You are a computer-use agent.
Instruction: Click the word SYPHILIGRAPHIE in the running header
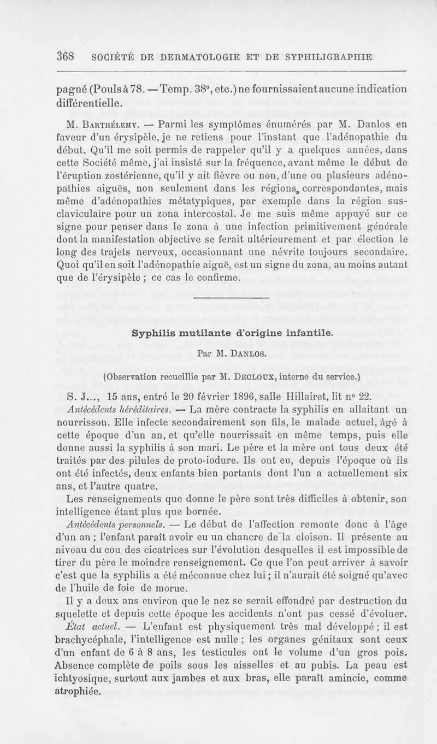[x=326, y=56]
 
